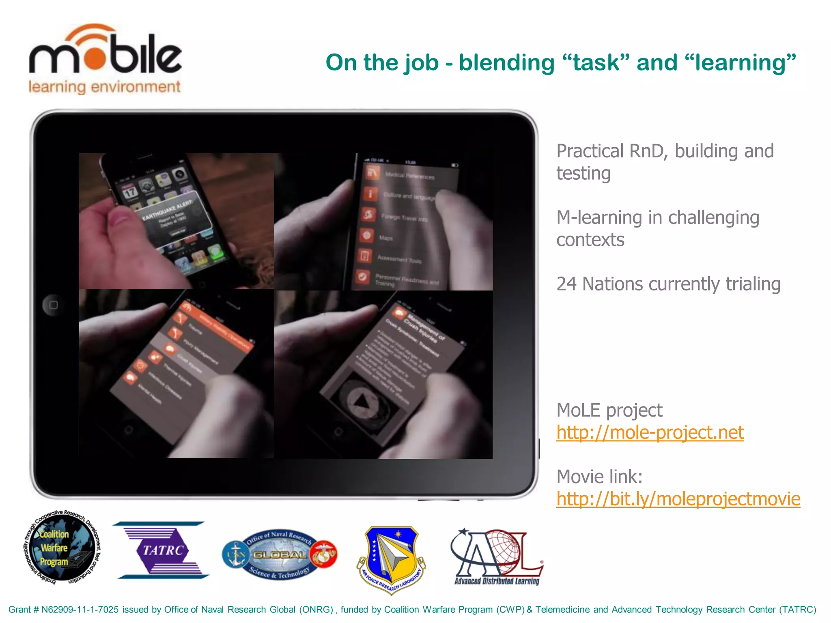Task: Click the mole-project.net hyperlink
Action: point(650,432)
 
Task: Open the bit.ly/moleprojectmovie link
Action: point(678,499)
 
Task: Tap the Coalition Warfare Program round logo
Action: point(62,548)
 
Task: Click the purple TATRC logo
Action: point(162,550)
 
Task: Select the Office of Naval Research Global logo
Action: point(280,554)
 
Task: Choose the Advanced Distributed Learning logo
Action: point(497,556)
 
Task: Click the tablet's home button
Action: point(53,305)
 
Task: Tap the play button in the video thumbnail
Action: point(362,402)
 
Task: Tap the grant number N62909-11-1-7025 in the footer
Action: point(80,610)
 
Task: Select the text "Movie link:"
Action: point(599,477)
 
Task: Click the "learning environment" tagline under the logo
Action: point(105,87)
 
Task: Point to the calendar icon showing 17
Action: point(130,192)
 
